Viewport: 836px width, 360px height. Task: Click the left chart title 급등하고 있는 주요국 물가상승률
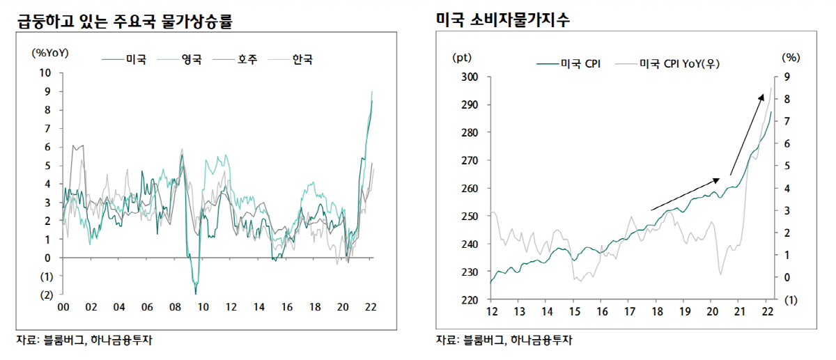tap(124, 22)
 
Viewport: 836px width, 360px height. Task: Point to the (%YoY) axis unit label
tap(50, 52)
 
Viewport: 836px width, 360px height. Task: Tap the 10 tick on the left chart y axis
tap(45, 72)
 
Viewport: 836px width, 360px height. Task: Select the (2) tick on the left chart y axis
tap(45, 295)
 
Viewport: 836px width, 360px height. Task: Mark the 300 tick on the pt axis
tap(470, 77)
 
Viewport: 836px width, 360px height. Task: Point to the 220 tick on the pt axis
tap(470, 300)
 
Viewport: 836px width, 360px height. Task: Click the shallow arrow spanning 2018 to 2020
tap(686, 194)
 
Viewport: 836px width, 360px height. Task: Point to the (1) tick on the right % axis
tap(789, 300)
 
